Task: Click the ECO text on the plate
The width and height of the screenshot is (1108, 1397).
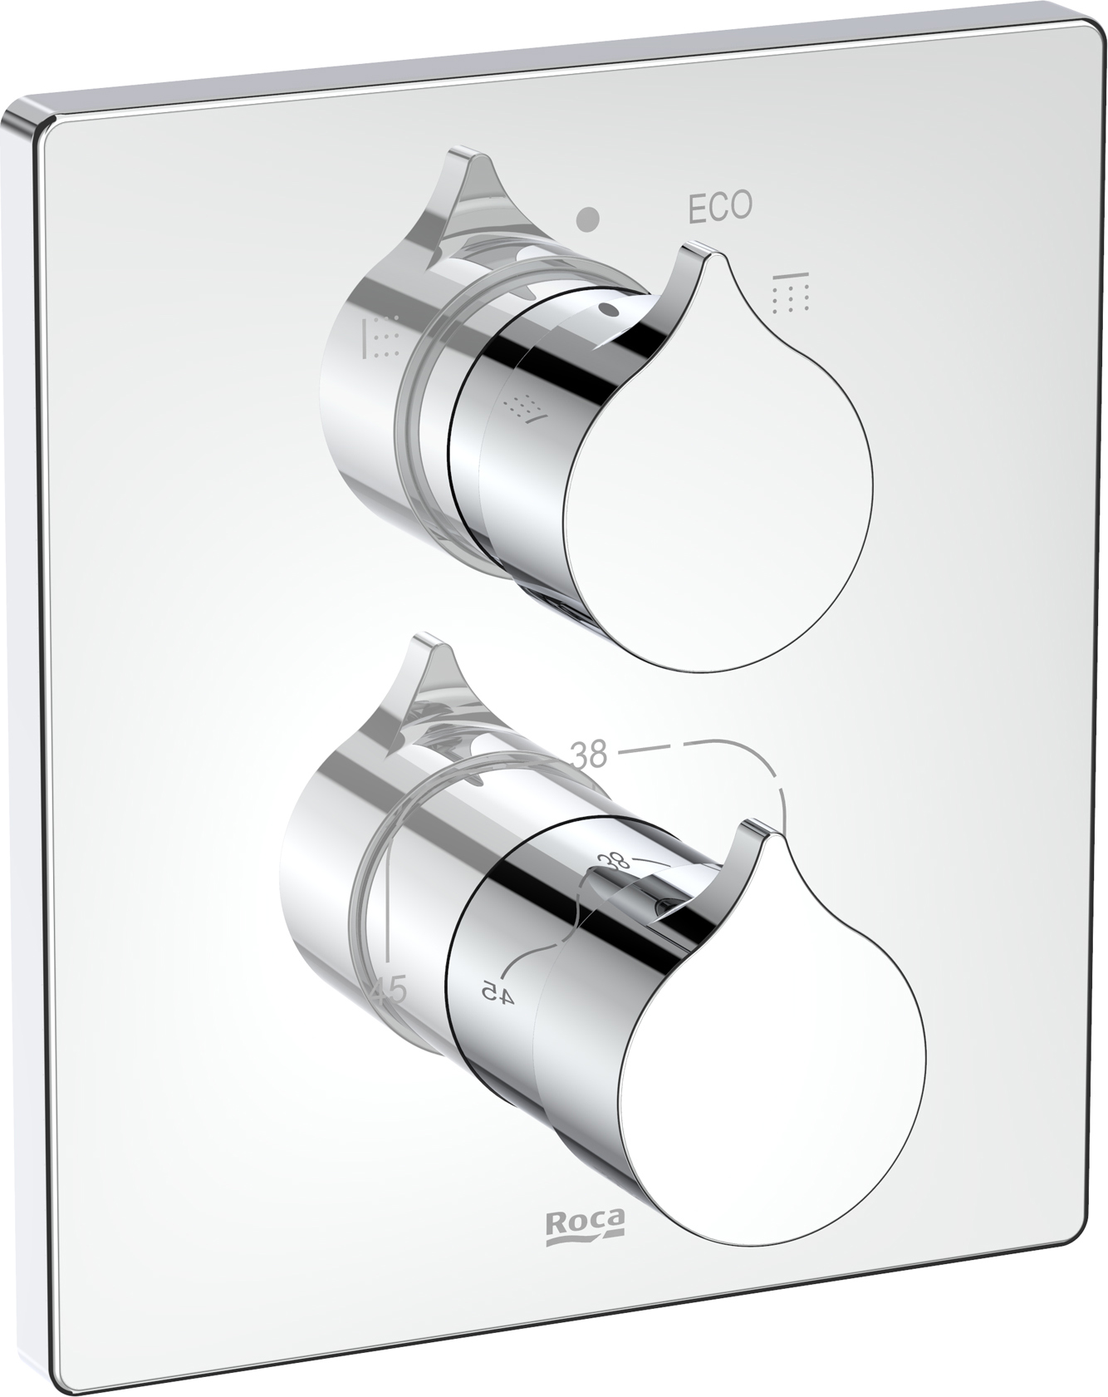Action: (x=720, y=208)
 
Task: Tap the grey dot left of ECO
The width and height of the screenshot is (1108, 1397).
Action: (x=589, y=219)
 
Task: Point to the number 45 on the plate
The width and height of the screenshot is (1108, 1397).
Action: (x=387, y=991)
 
